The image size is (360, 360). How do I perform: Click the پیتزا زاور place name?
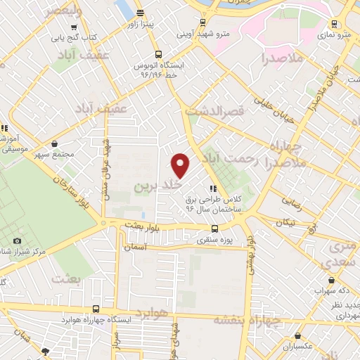point(156,23)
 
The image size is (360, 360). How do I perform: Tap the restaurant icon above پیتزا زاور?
point(140,12)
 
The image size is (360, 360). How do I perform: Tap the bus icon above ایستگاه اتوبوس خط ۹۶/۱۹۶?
point(157,53)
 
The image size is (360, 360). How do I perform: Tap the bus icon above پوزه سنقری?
point(215,228)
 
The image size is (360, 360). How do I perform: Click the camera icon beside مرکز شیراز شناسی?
point(18,241)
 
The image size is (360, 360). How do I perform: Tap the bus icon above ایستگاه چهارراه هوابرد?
point(96,308)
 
